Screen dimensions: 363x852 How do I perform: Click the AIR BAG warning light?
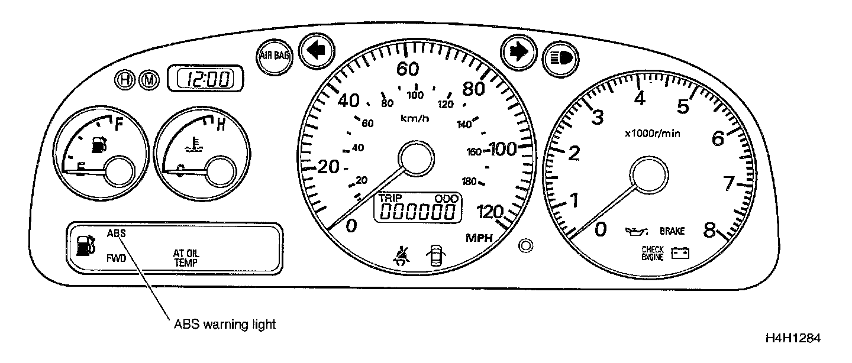click(274, 56)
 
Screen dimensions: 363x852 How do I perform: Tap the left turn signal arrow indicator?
click(317, 51)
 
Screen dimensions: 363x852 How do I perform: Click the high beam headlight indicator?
click(560, 58)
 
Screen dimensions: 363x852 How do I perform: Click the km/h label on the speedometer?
click(415, 118)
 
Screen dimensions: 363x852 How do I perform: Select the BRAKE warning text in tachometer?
click(672, 231)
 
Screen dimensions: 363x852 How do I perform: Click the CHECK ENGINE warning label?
click(653, 253)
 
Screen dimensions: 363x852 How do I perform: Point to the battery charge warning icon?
click(680, 254)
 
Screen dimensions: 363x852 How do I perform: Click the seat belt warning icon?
click(406, 257)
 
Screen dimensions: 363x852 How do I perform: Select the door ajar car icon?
click(436, 257)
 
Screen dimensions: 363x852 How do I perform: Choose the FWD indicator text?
click(116, 258)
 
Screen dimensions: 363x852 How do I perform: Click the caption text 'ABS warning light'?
click(225, 324)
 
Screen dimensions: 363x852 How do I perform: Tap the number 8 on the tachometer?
click(710, 229)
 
